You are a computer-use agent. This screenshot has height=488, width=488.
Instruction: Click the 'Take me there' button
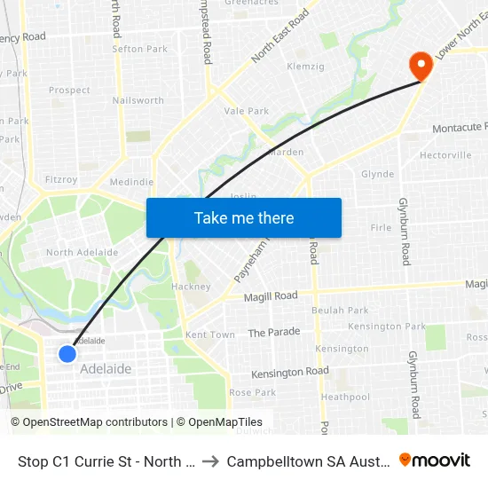[x=244, y=218]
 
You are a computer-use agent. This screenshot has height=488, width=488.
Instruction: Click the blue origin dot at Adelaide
[x=67, y=354]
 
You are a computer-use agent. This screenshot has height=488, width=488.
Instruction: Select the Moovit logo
[x=435, y=460]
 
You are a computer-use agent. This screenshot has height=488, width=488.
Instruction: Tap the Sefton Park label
[x=140, y=49]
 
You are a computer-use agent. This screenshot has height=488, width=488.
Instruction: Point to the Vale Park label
[x=247, y=111]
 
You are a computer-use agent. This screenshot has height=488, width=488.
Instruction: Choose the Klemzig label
[x=304, y=67]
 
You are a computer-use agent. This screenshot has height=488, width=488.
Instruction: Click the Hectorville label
[x=445, y=155]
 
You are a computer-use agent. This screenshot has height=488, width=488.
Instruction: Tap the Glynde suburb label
[x=378, y=175]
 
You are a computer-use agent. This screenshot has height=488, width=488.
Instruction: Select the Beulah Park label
[x=340, y=311]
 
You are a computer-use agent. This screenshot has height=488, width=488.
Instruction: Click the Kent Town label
[x=210, y=335]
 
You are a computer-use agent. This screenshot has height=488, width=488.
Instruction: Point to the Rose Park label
[x=253, y=392]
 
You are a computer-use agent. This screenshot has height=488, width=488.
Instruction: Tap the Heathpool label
[x=345, y=397]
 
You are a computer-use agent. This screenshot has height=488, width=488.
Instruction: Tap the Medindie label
[x=131, y=182]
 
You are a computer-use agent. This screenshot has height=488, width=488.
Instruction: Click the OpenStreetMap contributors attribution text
[x=89, y=422]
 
